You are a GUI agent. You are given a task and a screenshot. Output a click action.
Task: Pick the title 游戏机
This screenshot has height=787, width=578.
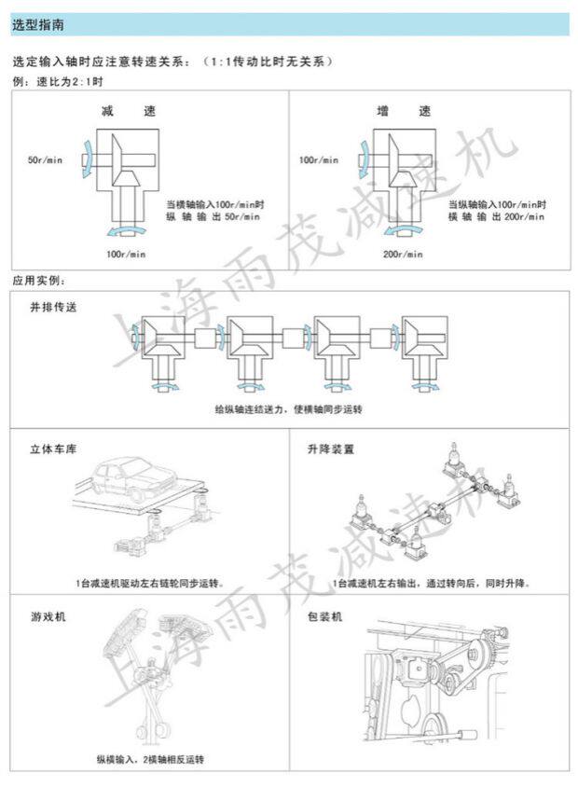pos(43,617)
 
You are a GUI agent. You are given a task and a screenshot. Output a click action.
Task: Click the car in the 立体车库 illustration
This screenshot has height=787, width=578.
pos(149,479)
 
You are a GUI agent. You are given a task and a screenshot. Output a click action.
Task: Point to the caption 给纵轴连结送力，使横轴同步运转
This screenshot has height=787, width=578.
pos(287,409)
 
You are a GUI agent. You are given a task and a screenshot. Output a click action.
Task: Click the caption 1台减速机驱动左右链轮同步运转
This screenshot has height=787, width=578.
pos(150,583)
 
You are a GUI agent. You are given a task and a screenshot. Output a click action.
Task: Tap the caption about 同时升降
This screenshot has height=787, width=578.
pos(431,583)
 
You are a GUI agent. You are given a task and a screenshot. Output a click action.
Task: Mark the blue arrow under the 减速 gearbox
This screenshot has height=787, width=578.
pos(127,228)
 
